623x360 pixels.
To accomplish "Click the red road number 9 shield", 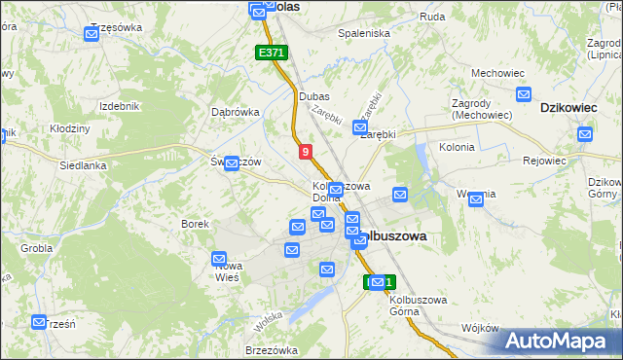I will (x=306, y=152).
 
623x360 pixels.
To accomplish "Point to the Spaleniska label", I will (x=363, y=33).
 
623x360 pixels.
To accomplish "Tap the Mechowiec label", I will (x=492, y=73).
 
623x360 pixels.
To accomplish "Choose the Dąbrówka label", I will (x=236, y=111).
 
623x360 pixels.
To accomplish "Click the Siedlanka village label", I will (x=82, y=165).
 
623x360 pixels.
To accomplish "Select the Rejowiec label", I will (x=544, y=161).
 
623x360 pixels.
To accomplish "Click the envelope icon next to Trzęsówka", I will (x=92, y=35).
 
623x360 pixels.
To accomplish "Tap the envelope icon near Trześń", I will (x=40, y=322).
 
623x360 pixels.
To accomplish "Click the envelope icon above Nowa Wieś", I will (x=220, y=259).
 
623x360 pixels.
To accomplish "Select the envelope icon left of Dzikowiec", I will (x=524, y=96).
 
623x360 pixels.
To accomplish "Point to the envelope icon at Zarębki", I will (x=360, y=128).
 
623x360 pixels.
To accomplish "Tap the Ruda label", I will (x=432, y=17).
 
